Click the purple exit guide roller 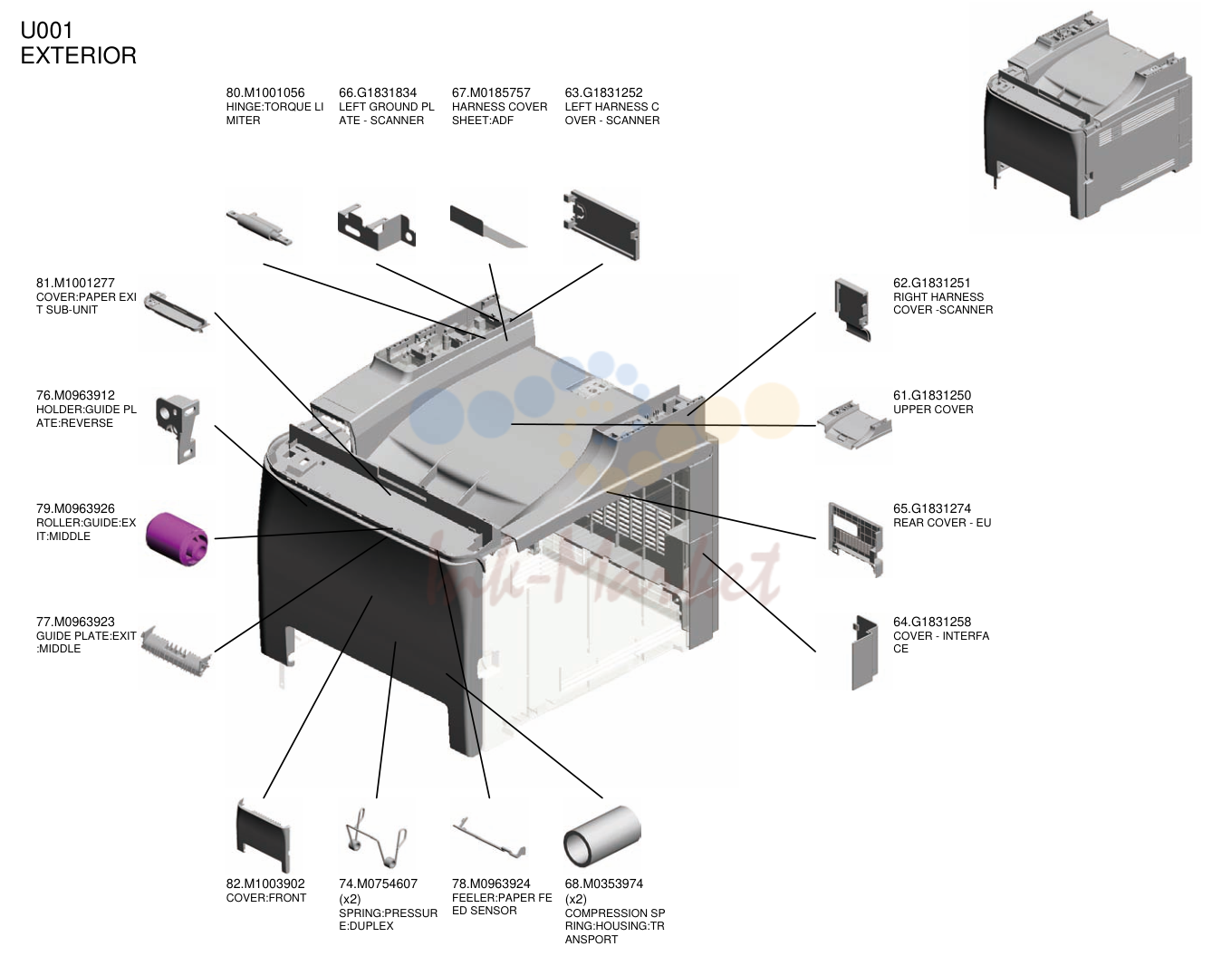(x=177, y=539)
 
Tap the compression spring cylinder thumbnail (x=602, y=836)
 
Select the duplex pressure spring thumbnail (x=376, y=837)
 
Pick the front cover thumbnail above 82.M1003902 (x=264, y=835)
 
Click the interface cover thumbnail (x=864, y=652)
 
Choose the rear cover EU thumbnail (x=855, y=539)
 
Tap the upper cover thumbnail (x=854, y=425)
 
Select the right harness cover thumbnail (x=852, y=309)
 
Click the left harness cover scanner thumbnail (x=601, y=225)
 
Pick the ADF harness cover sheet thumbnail (x=488, y=227)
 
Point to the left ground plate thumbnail (x=376, y=227)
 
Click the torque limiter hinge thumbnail (x=260, y=227)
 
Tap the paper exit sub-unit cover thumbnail (x=177, y=312)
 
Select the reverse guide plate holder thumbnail (x=178, y=429)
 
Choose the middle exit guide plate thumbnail (x=177, y=652)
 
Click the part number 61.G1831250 (x=931, y=395)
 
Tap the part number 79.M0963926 (x=75, y=508)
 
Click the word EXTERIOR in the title (x=78, y=56)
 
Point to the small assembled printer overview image (x=1088, y=114)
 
